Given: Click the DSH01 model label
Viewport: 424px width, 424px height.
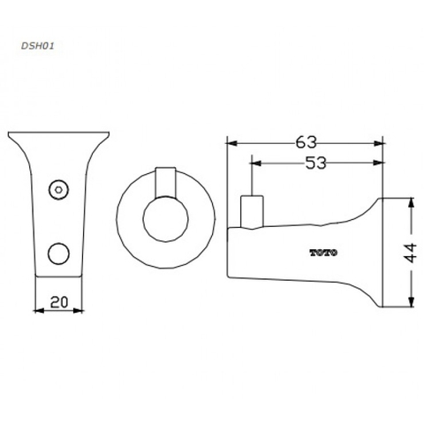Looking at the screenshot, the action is [x=38, y=46].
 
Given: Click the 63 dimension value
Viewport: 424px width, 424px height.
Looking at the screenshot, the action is [x=307, y=142].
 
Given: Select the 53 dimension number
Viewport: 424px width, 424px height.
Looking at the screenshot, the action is [x=316, y=163].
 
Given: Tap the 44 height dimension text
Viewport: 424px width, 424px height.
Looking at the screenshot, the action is [x=410, y=253].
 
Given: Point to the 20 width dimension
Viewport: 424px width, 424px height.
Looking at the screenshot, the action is [x=59, y=302].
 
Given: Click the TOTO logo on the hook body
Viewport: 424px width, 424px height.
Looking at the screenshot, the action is [x=323, y=253].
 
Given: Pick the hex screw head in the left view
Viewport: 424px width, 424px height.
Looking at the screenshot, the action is [x=58, y=189].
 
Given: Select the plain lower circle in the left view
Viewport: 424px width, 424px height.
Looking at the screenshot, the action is [x=58, y=254].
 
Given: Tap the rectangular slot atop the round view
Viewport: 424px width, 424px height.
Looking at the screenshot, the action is [x=166, y=183].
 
